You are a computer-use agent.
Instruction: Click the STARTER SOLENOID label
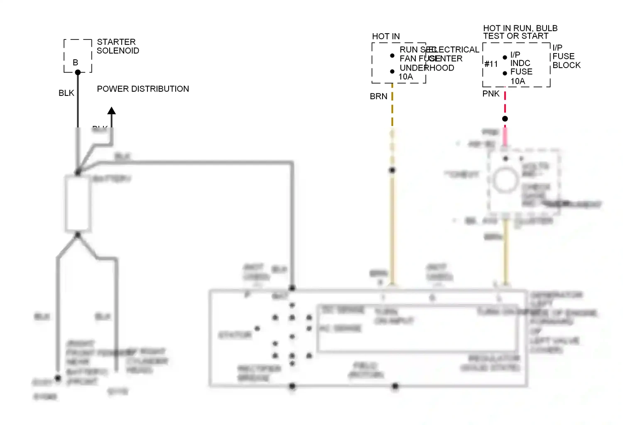[118, 46]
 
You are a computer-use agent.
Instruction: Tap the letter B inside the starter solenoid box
[75, 62]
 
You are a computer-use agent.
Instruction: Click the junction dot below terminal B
[78, 72]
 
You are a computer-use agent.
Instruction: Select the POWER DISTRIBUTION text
[143, 89]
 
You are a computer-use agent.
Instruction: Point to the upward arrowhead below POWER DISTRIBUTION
[111, 110]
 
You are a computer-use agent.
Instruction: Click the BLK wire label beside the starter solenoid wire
[66, 93]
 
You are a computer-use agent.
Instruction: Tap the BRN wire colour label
[378, 96]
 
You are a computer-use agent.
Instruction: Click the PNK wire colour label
[491, 94]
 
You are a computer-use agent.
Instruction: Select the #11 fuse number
[491, 64]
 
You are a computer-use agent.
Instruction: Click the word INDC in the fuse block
[520, 63]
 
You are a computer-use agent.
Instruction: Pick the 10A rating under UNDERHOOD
[406, 77]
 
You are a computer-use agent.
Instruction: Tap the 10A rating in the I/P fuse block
[518, 81]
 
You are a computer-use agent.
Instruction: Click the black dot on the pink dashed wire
[505, 119]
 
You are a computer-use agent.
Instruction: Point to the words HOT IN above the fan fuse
[386, 37]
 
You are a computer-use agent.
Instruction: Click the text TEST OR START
[515, 36]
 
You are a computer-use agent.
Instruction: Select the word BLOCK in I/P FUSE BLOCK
[567, 65]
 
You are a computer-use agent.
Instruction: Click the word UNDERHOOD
[427, 68]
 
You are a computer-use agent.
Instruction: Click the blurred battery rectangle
[78, 203]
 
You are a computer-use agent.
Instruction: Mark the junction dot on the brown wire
[392, 170]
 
